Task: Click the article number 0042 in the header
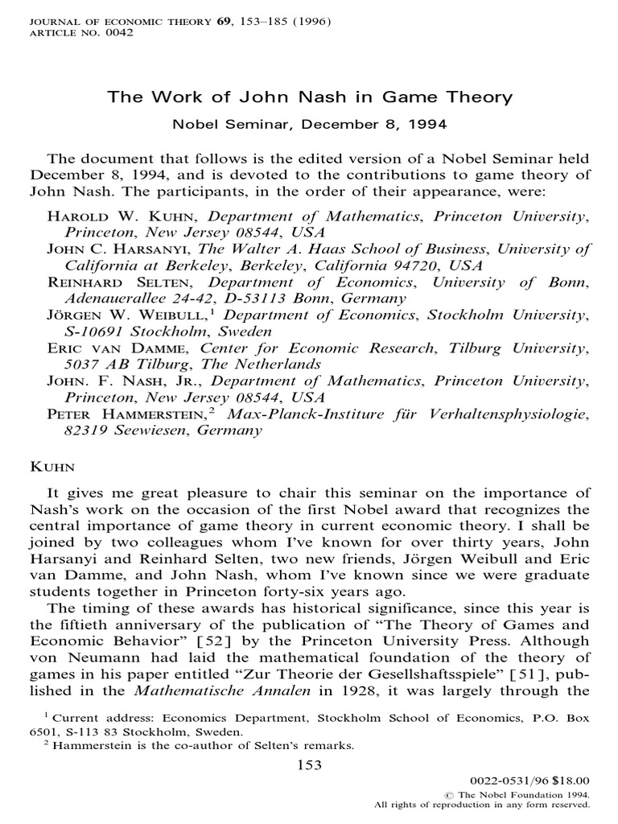coord(119,33)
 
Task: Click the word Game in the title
coord(410,97)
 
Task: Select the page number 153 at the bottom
coord(310,765)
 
